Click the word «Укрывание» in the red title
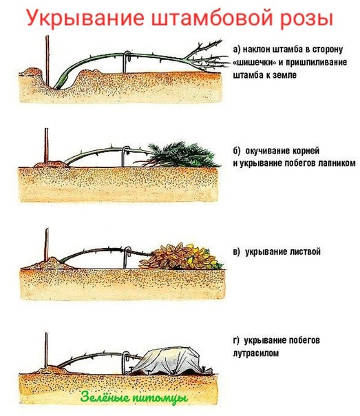(85, 18)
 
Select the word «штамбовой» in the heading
(212, 18)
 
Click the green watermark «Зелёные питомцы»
(134, 397)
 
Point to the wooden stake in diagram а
(47, 61)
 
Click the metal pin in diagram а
(125, 62)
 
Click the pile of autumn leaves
(181, 257)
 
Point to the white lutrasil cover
(169, 362)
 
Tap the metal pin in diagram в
(127, 258)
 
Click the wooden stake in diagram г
(46, 350)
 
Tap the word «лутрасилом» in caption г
(256, 353)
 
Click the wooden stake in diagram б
(46, 145)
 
